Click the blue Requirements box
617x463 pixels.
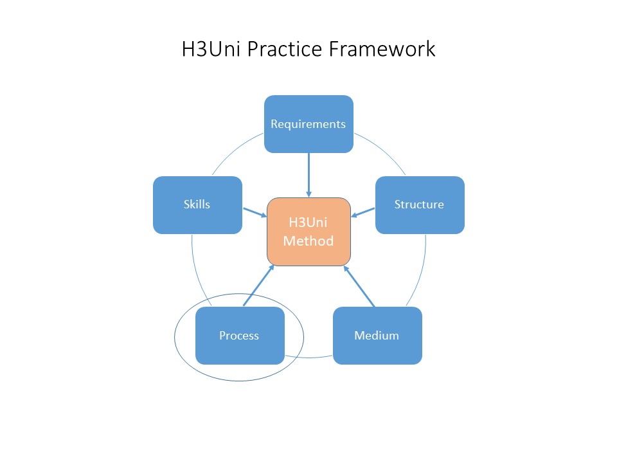[308, 124]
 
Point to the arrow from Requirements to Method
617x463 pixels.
[308, 174]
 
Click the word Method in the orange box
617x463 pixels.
[308, 241]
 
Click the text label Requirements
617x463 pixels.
[308, 124]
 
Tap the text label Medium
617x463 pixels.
[377, 336]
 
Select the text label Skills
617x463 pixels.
[197, 204]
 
